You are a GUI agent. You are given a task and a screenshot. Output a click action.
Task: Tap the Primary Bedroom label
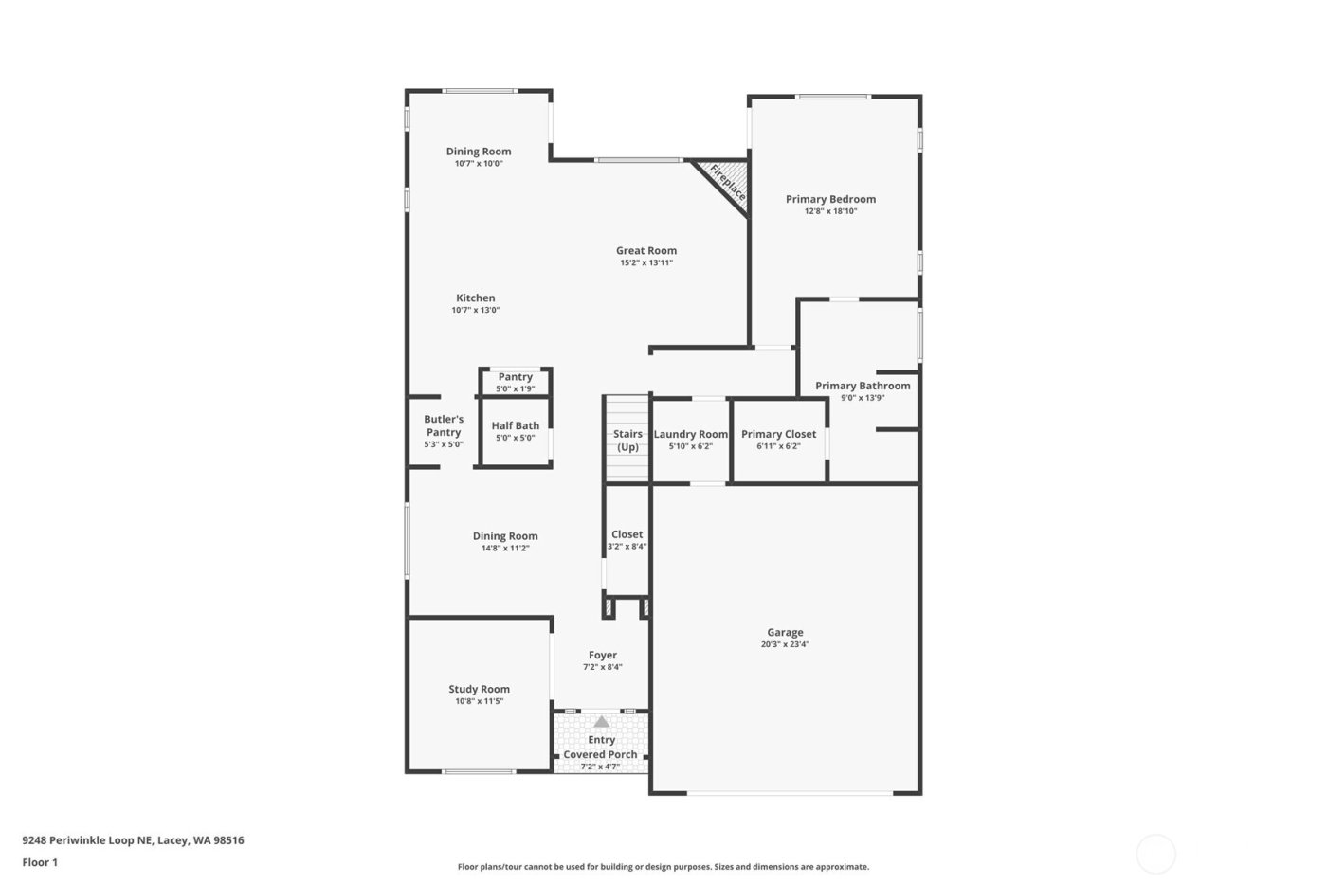(830, 199)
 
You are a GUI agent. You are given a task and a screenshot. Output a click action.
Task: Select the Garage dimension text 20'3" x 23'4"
(785, 644)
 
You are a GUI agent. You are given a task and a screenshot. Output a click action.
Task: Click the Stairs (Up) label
(627, 441)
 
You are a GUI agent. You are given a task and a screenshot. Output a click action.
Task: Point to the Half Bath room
(515, 432)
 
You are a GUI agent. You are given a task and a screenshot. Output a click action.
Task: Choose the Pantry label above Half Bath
(515, 377)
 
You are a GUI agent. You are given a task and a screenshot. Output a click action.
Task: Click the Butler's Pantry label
(444, 425)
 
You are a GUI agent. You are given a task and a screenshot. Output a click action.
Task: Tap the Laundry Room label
(691, 434)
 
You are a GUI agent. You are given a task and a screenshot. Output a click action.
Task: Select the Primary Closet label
(778, 434)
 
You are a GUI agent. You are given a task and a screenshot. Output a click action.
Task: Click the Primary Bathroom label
(863, 386)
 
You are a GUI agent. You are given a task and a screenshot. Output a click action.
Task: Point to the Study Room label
(479, 689)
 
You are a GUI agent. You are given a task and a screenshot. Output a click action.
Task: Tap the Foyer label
(603, 655)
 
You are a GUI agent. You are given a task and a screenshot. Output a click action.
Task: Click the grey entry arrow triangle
(602, 722)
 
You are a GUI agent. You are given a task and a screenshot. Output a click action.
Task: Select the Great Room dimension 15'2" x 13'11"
(646, 262)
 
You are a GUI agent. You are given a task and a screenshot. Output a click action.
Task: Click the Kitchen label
(476, 298)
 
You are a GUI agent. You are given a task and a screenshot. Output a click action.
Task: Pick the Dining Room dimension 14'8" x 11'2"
(505, 548)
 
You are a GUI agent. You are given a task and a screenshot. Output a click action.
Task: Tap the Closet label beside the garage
(627, 534)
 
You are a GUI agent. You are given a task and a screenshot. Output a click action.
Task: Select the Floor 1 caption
(40, 862)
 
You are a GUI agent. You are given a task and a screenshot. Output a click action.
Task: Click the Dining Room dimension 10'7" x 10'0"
(479, 163)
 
